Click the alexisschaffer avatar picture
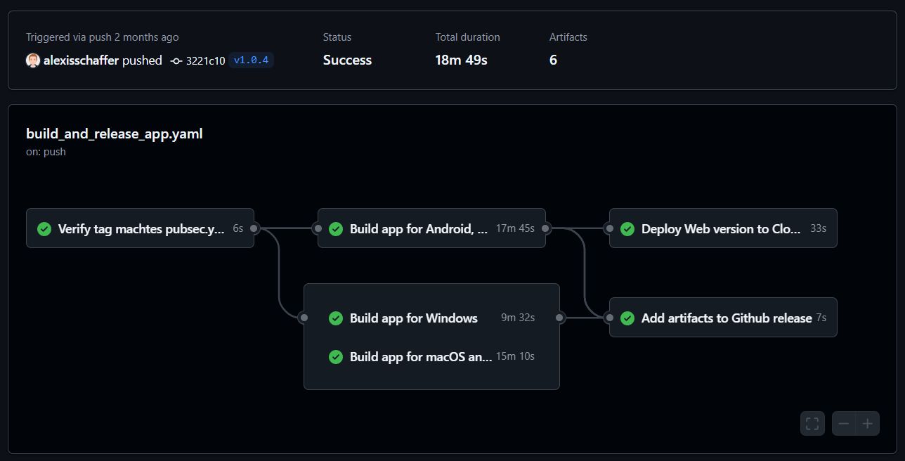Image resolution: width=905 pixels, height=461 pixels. pos(33,60)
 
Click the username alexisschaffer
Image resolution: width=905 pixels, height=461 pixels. pos(81,60)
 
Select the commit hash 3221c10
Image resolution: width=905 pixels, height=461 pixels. pos(205,60)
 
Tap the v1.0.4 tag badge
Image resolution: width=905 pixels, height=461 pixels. pos(251,60)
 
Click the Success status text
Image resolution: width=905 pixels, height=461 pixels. pos(347,60)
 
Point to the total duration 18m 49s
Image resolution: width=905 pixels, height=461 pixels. pos(461,60)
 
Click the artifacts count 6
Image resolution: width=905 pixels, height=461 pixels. pos(553,60)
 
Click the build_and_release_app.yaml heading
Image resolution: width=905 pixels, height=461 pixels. pos(115,134)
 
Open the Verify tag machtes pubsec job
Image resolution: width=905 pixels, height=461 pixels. pos(141,228)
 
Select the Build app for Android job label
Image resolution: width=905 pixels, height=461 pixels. pos(418,228)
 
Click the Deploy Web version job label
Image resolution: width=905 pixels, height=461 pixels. pos(720,228)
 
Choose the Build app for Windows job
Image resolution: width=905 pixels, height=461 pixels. pos(413,318)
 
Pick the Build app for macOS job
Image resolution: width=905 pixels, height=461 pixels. pos(420,357)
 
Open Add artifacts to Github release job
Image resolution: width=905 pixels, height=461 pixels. pos(726,318)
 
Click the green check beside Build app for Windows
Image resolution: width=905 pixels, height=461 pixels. pos(336,318)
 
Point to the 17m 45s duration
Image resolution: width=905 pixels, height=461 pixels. pos(515,228)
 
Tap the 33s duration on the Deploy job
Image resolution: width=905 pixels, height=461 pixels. pos(818,228)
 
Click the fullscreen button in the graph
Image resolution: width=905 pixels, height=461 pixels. pos(812,424)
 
